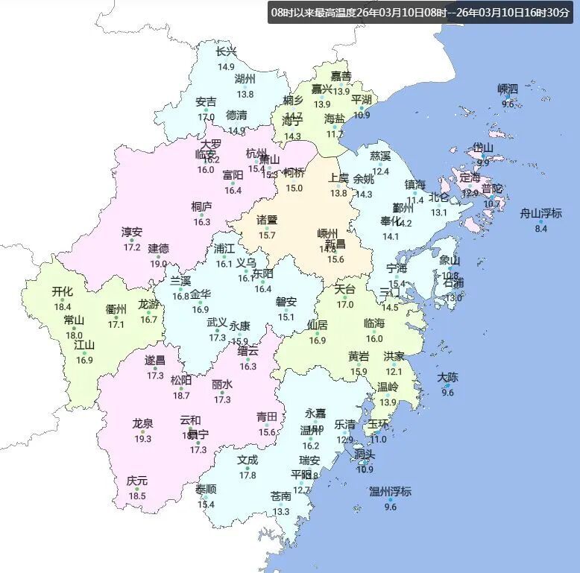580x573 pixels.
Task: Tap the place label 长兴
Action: pos(226,52)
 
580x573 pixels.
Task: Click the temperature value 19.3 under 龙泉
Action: pos(142,439)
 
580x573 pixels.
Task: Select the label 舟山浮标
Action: pos(541,214)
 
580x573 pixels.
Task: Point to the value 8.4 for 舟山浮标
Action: pos(541,228)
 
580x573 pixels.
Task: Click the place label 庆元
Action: pos(137,481)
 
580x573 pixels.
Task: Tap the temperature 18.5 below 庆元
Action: pos(137,496)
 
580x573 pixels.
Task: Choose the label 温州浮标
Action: pos(390,492)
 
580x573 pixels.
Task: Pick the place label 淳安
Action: pos(132,232)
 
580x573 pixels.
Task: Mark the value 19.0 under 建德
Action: pos(158,263)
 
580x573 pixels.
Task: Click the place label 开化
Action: pos(62,291)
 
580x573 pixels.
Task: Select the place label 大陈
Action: pos(448,378)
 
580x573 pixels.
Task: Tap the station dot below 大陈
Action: pos(447,386)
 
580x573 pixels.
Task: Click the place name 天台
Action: pos(344,289)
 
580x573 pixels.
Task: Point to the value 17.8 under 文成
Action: pos(248,475)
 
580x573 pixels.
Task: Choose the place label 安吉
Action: pos(207,102)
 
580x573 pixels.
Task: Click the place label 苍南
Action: pos(281,496)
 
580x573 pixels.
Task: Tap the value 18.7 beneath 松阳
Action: pos(181,395)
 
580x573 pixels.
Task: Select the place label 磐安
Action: pos(286,302)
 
